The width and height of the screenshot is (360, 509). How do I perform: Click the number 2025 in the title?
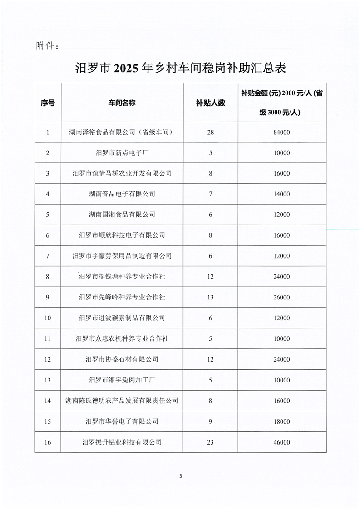[x=127, y=69]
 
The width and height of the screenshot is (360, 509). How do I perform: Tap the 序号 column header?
[x=48, y=103]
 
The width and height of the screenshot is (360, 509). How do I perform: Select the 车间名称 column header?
[x=122, y=103]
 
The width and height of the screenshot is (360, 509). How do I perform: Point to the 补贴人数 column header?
[x=211, y=103]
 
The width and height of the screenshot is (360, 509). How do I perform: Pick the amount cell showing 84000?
[x=281, y=132]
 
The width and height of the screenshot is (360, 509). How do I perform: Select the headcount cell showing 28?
[x=211, y=132]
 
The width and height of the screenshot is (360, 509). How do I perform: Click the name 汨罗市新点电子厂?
[x=122, y=153]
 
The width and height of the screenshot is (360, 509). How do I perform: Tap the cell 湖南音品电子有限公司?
[x=122, y=194]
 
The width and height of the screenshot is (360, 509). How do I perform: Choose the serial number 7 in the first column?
[x=48, y=256]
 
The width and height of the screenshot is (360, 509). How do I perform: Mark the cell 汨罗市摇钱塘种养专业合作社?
[x=122, y=276]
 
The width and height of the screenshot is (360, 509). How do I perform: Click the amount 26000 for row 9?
[x=281, y=297]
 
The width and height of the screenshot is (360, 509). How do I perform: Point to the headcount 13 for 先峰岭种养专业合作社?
[x=211, y=297]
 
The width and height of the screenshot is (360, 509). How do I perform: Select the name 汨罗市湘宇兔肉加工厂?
[x=122, y=380]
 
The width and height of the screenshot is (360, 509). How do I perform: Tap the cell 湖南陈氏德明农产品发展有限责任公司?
[x=122, y=401]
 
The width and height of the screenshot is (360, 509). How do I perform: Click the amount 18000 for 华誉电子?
[x=281, y=421]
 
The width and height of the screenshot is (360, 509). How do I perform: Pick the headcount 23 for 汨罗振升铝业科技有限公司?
[x=211, y=442]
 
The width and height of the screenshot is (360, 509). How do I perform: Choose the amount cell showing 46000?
[x=281, y=442]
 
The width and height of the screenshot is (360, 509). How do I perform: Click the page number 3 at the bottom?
[x=181, y=476]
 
